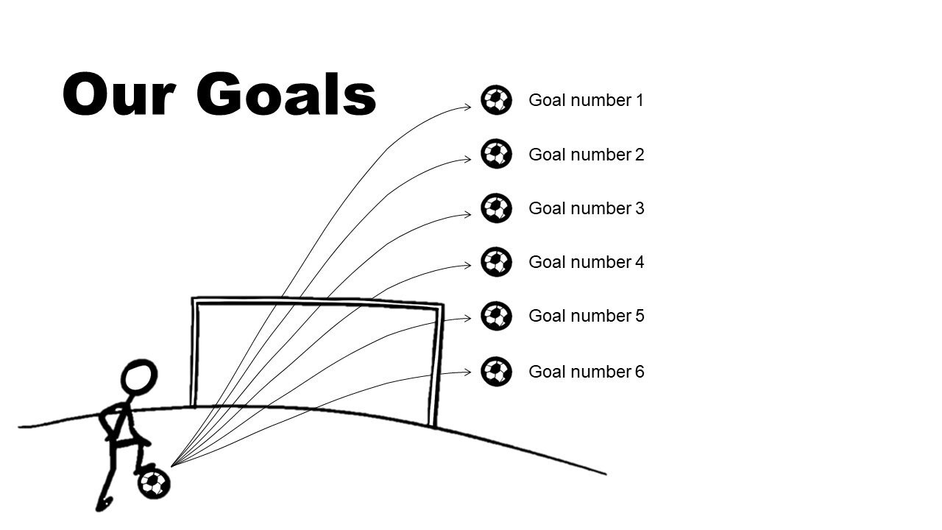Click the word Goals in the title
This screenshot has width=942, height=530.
point(287,95)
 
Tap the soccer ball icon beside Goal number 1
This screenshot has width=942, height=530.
point(496,99)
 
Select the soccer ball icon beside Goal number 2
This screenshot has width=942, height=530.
point(496,154)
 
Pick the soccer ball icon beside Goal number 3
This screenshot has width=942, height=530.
point(496,208)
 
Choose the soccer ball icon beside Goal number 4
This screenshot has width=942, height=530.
point(496,262)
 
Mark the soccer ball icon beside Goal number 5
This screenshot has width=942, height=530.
point(496,316)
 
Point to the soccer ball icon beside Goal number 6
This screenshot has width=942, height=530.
point(496,371)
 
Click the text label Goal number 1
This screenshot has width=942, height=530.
point(586,100)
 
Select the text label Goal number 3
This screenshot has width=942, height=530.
point(586,208)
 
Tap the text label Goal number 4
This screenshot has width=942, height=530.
point(586,262)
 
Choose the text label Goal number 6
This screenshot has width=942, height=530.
point(586,372)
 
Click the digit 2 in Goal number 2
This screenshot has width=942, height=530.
point(640,155)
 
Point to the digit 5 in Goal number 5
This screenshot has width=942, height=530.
point(640,316)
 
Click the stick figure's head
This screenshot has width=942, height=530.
point(138,377)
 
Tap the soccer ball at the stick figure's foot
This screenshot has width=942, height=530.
point(154,484)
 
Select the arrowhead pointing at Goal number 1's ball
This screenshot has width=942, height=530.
point(467,107)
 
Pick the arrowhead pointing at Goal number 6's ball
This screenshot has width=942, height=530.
point(467,372)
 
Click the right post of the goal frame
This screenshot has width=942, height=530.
point(436,364)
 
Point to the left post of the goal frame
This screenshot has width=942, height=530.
point(195,353)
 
